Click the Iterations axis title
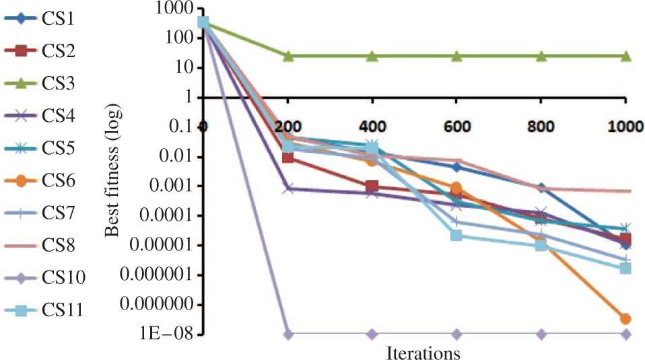(x=423, y=351)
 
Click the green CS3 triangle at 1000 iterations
(x=625, y=56)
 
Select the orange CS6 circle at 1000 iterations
(x=625, y=319)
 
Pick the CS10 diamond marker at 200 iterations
(x=288, y=334)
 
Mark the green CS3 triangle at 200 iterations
(x=288, y=56)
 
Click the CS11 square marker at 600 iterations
(x=456, y=235)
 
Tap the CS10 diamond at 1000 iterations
(x=625, y=334)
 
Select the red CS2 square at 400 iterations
(x=372, y=186)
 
